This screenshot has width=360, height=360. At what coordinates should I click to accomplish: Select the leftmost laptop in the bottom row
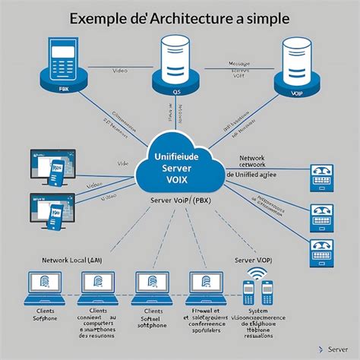[46, 286]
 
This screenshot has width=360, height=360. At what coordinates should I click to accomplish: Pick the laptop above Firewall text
[204, 286]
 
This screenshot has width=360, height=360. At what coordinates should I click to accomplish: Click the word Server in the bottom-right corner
[338, 349]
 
